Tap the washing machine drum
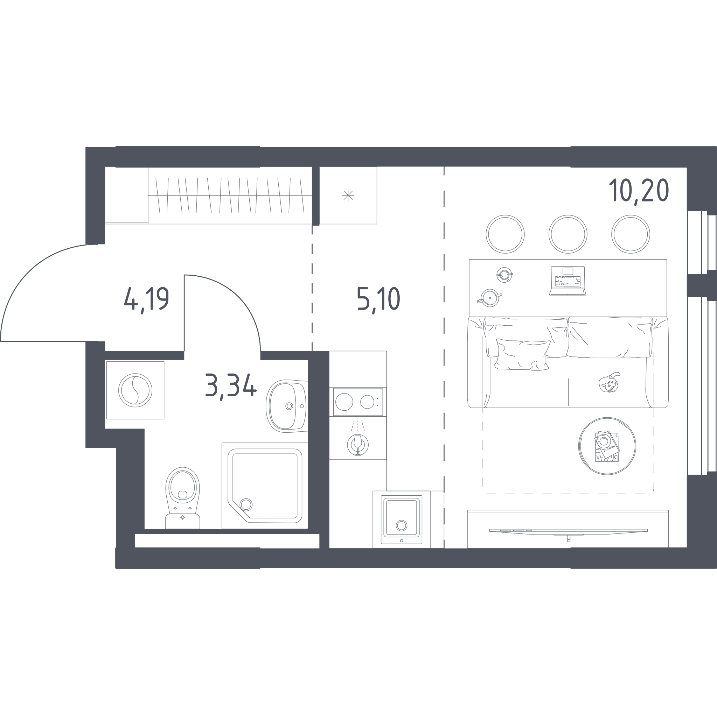[135, 390]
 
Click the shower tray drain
[246, 504]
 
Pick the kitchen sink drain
[402, 525]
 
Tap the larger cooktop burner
[344, 402]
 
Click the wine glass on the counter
[358, 445]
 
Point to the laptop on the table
[568, 281]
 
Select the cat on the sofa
[608, 382]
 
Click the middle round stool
[568, 234]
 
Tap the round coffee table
[607, 446]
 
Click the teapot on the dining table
[489, 298]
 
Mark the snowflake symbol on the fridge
[348, 195]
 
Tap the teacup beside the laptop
[504, 275]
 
